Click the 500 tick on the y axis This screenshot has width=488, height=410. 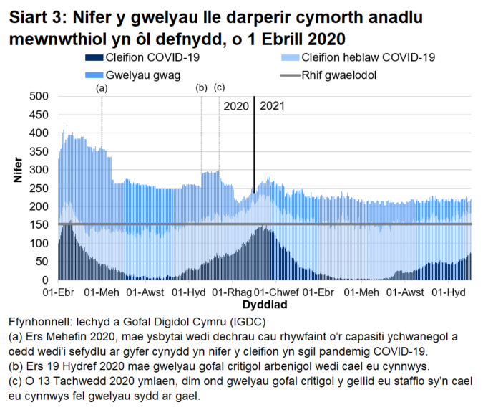[x=39, y=96]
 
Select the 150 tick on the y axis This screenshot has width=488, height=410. [x=39, y=224]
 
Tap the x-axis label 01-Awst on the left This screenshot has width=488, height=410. [x=146, y=292]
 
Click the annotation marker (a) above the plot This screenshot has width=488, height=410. [x=102, y=88]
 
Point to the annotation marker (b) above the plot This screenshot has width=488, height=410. [x=201, y=88]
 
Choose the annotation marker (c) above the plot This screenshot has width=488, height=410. [x=219, y=88]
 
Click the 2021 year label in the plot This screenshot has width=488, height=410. [x=273, y=106]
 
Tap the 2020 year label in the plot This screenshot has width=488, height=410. [x=236, y=106]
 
